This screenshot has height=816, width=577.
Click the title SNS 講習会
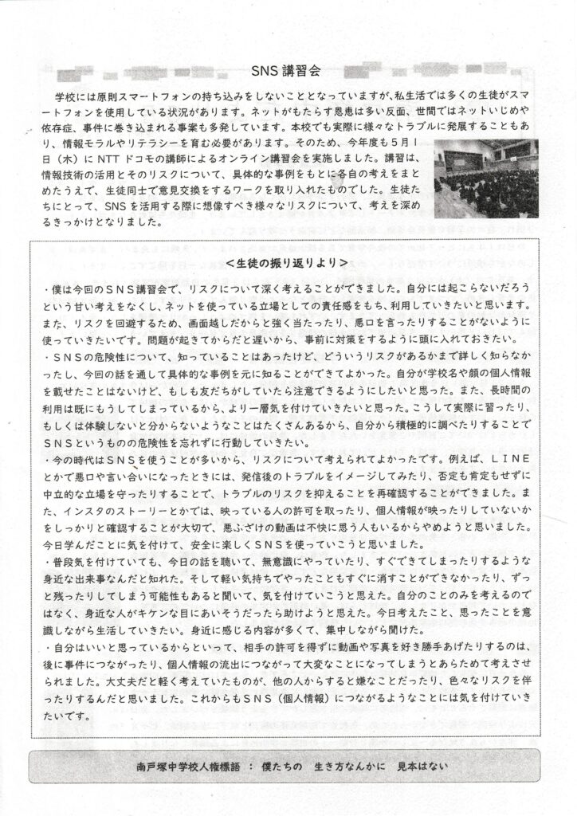pyautogui.click(x=288, y=70)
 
